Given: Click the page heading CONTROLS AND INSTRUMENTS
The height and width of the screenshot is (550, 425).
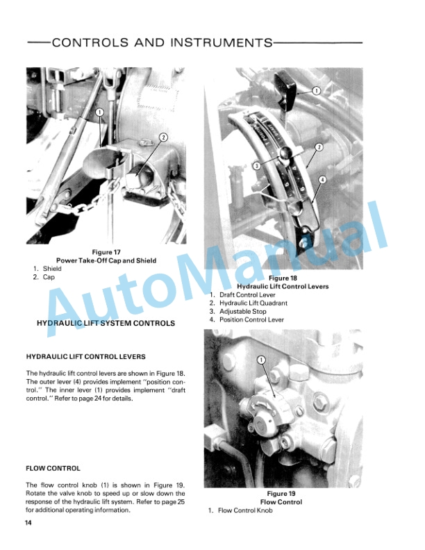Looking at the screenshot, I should pyautogui.click(x=162, y=42).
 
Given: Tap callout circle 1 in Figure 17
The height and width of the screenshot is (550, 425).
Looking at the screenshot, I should pyautogui.click(x=99, y=112).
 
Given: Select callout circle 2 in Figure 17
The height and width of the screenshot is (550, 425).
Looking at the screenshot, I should pyautogui.click(x=164, y=137).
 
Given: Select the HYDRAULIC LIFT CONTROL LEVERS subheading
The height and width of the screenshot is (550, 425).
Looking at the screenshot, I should pyautogui.click(x=85, y=357).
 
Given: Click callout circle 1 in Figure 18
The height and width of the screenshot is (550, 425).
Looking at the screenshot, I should pyautogui.click(x=315, y=90).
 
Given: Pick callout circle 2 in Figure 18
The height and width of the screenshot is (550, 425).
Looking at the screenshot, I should pyautogui.click(x=319, y=147).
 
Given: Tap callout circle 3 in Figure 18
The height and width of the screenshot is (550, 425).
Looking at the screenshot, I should pyautogui.click(x=257, y=166).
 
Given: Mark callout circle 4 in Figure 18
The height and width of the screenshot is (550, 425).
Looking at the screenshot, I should pyautogui.click(x=322, y=180).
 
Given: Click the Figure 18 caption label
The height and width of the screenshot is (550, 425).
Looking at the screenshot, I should pyautogui.click(x=282, y=278).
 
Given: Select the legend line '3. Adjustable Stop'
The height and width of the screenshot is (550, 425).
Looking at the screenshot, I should pyautogui.click(x=237, y=312).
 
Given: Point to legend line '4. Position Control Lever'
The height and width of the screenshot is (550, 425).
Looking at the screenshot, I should pyautogui.click(x=247, y=320).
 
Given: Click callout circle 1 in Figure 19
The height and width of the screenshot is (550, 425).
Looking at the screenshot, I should pyautogui.click(x=262, y=359).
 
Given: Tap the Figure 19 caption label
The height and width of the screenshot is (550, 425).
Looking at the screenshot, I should pyautogui.click(x=281, y=494).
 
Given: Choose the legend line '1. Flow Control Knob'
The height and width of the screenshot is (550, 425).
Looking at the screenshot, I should pyautogui.click(x=240, y=510).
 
